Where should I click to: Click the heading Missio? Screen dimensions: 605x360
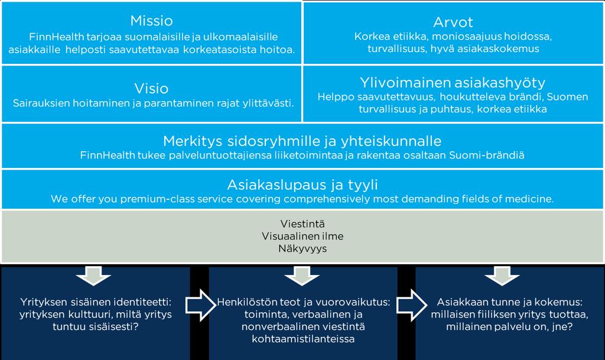152,21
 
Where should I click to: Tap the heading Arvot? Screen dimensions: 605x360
453,22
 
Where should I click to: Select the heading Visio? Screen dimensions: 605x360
152,89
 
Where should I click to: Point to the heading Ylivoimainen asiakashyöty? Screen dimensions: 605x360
453,83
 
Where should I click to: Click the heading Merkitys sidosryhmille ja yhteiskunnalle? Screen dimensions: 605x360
302,141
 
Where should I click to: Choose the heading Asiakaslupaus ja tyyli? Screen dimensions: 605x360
302,185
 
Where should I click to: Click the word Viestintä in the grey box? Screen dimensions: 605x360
302,224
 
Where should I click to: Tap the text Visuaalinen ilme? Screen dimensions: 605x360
302,236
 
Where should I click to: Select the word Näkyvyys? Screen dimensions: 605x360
302,248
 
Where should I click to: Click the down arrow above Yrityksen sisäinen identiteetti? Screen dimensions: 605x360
93,275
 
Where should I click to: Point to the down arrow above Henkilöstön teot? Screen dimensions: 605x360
302,275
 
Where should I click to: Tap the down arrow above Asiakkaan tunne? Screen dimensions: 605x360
502,275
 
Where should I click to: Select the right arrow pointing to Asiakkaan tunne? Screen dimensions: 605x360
412,305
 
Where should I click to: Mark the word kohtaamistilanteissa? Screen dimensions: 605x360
303,339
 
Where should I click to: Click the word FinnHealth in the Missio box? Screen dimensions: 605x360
57,37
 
